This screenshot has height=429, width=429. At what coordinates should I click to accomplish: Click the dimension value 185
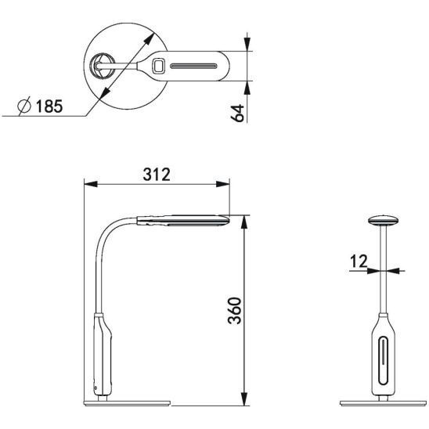tap(49, 106)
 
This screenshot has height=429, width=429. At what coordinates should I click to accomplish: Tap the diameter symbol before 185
tap(24, 106)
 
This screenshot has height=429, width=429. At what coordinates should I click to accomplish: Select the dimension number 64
tap(237, 113)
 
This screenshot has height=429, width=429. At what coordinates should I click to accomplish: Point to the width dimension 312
tap(157, 175)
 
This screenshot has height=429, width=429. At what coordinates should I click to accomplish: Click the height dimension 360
tap(235, 311)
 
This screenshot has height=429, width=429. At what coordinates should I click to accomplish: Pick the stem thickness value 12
tap(359, 261)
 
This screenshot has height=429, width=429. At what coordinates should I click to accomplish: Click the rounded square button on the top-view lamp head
tap(158, 66)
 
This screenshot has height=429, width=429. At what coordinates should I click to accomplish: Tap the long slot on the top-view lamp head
tap(193, 66)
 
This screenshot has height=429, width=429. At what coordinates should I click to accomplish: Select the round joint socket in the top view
tap(103, 66)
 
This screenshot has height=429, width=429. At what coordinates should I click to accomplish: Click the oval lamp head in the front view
tap(383, 220)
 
